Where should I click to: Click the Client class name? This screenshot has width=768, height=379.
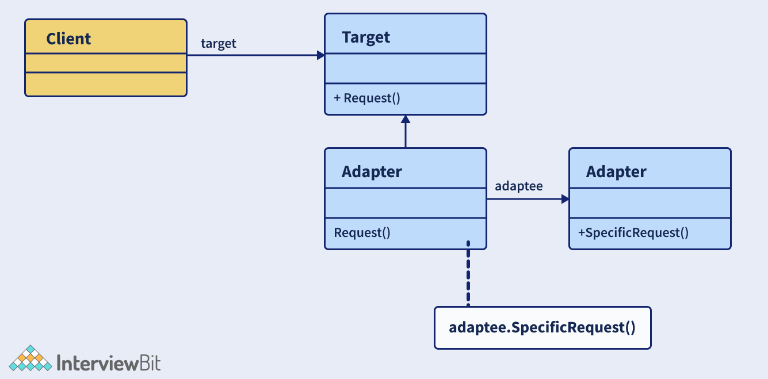coord(68,39)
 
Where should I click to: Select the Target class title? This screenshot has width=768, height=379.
coord(366,37)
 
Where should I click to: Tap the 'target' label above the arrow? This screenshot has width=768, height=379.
coord(219,44)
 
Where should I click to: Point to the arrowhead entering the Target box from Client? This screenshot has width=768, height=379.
coord(321,55)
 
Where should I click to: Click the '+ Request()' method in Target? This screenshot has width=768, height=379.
coord(367,98)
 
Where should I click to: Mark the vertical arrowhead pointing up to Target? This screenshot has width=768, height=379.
coord(406,119)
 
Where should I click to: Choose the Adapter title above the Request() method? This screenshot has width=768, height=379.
coord(372,171)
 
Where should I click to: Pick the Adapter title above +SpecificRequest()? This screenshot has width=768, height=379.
coord(616,171)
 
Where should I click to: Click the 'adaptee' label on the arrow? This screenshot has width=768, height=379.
coord(519,186)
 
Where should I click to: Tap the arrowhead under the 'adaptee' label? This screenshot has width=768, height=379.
coord(565,199)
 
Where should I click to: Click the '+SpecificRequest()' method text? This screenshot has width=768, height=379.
coord(633,233)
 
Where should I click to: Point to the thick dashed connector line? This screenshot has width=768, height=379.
coord(468,276)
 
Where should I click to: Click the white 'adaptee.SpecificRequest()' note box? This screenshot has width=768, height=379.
coord(542,328)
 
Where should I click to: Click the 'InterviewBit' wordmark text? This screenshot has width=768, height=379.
coord(109,363)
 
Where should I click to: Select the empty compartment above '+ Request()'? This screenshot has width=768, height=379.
coord(405,68)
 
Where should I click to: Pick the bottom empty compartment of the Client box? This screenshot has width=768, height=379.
coord(106,83)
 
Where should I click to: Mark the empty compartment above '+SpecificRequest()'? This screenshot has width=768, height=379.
coord(649,203)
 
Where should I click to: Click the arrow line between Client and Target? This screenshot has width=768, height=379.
coord(253,55)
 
